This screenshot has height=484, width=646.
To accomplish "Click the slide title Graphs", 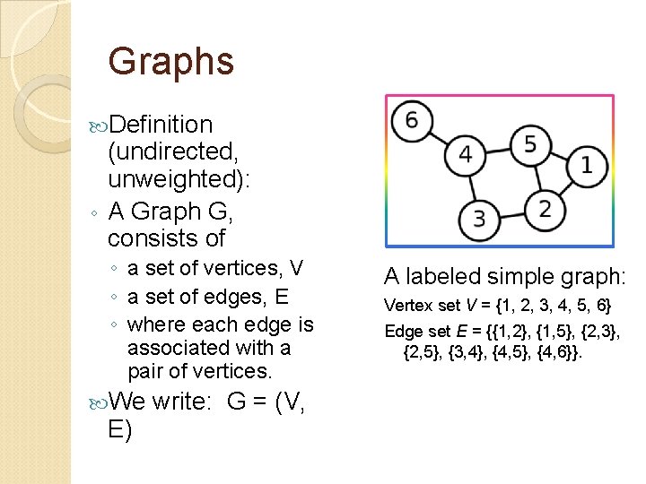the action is coord(170,62).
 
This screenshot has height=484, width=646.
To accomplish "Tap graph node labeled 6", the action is coord(412,120).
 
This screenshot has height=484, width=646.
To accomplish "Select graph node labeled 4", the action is coord(465,154).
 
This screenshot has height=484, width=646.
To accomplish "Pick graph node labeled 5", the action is coord(530,143).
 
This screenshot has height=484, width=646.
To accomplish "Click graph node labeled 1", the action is coord(586,165).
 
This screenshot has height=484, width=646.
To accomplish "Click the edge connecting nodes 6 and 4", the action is coord(437,136).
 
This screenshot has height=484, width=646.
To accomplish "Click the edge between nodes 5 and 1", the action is coord(558,154).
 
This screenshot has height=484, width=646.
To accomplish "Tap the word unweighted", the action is coord(176,179).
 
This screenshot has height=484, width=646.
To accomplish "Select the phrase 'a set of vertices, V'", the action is coord(215,268).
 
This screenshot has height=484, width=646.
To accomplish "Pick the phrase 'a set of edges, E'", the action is coord(207,297).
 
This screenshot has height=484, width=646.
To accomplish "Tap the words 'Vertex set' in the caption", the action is coord(418,305).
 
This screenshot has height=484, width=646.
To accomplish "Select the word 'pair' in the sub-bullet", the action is coord(147,371).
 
